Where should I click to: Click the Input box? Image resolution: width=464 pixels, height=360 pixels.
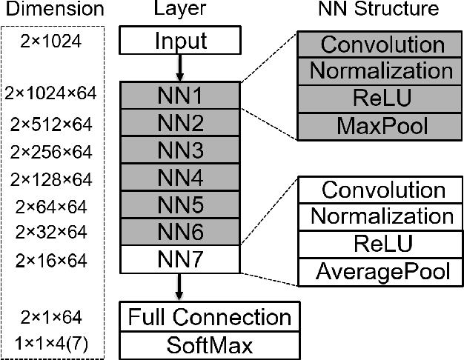(x=180, y=42)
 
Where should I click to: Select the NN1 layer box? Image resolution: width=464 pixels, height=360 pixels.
(x=181, y=95)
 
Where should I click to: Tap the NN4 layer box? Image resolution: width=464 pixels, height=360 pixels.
(x=181, y=178)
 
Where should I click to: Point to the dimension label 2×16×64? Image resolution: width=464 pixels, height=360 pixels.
(x=51, y=261)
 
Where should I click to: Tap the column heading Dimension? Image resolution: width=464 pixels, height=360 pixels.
(x=51, y=10)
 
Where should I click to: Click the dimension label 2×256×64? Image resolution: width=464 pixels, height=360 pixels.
(x=51, y=151)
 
